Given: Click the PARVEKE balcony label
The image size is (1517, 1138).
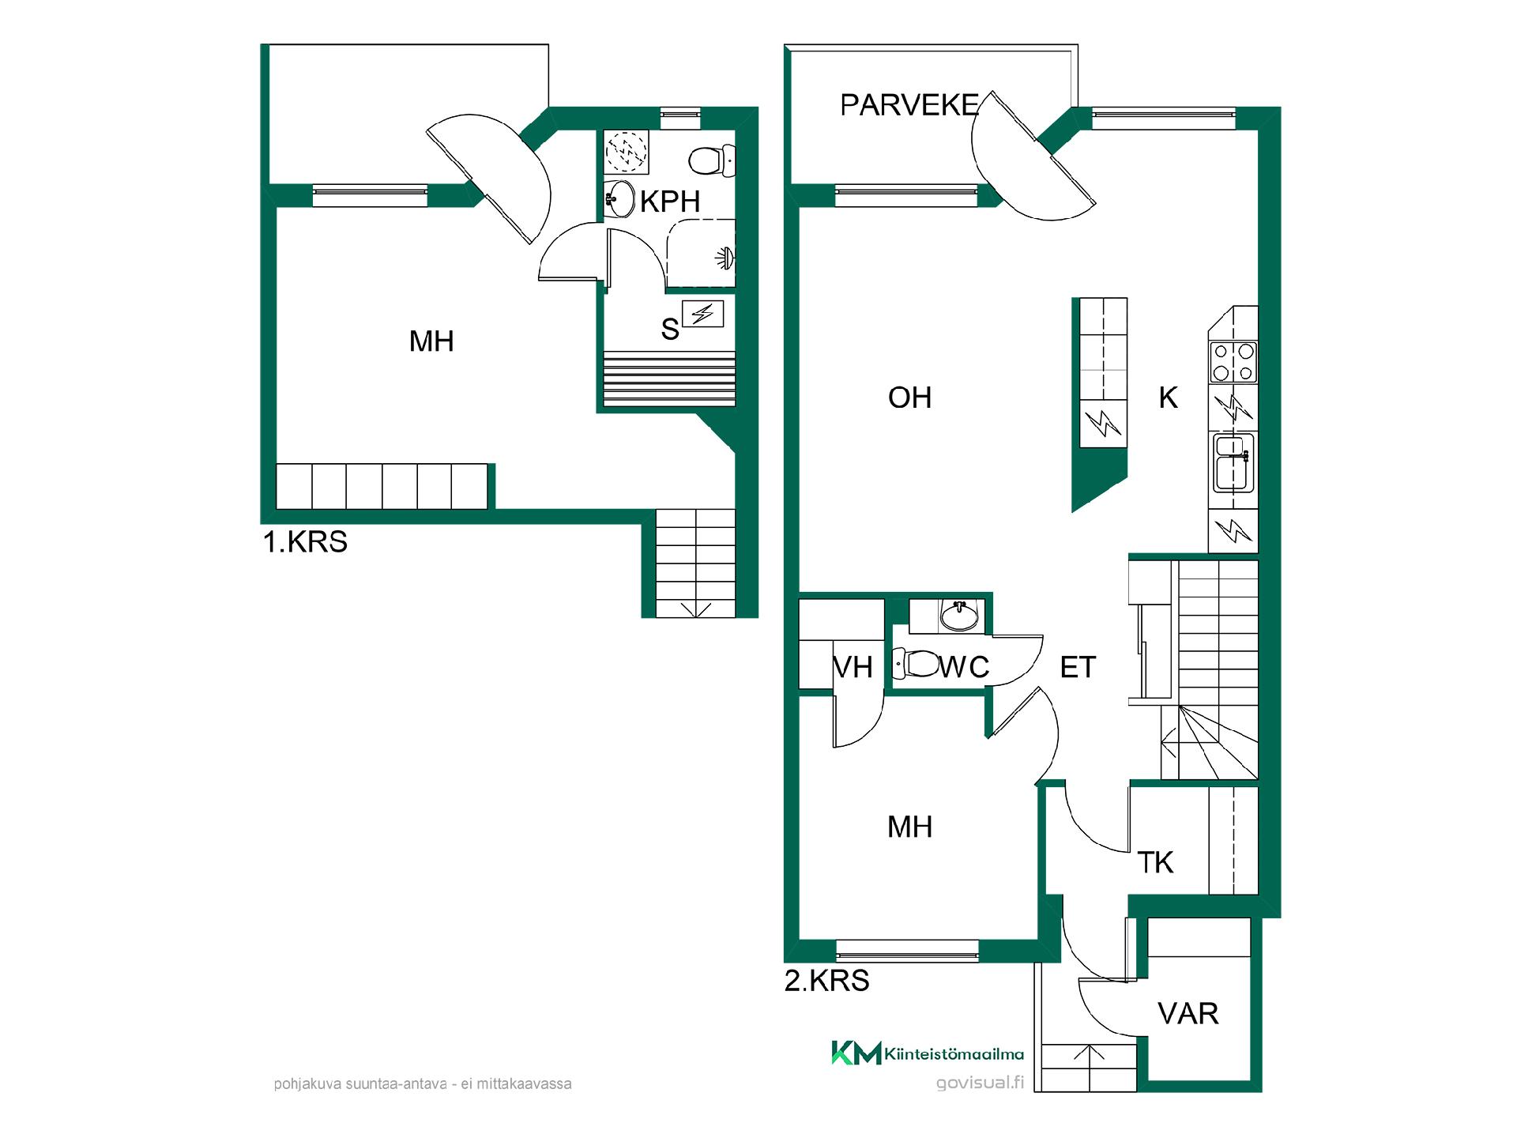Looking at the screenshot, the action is click(909, 105).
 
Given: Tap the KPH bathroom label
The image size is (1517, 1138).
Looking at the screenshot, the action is click(670, 202).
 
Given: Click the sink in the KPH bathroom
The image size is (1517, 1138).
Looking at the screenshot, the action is click(619, 198).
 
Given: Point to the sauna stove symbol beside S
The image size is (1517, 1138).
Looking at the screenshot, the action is click(702, 314).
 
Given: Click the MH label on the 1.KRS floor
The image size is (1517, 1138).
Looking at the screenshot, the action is click(431, 341).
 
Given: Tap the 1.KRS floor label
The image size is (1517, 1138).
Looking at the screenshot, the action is click(305, 542).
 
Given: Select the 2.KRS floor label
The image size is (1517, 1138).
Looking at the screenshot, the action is click(827, 981).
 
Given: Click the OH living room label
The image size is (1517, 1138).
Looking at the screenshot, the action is click(910, 398).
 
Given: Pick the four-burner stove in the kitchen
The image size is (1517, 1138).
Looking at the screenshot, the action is click(1233, 363).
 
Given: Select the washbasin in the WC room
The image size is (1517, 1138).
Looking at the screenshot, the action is click(959, 615).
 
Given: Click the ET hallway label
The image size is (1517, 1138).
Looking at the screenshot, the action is click(1078, 668).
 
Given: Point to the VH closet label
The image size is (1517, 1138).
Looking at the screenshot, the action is click(853, 668).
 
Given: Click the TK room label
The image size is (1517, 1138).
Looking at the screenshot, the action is click(1155, 862).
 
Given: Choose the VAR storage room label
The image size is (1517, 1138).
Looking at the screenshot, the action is click(1188, 1014).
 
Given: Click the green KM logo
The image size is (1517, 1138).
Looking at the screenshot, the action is click(856, 1053).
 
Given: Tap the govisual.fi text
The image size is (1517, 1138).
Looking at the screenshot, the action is click(980, 1083).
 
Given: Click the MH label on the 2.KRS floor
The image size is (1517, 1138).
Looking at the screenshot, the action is click(910, 827).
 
